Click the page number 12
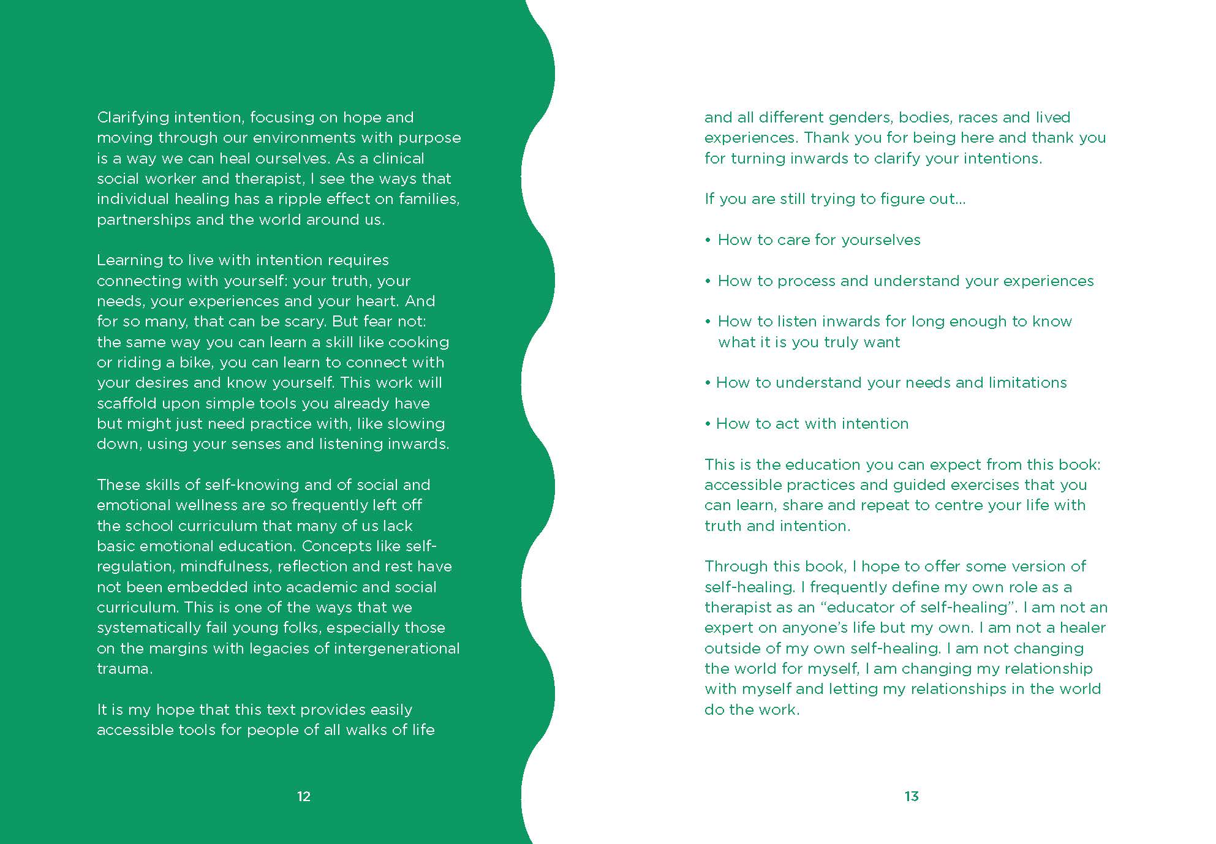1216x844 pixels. (x=304, y=796)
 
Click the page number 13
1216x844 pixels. (x=912, y=796)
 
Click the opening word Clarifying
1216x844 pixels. (x=132, y=118)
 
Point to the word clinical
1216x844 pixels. (x=398, y=159)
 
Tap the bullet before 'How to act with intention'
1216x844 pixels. (x=708, y=424)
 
